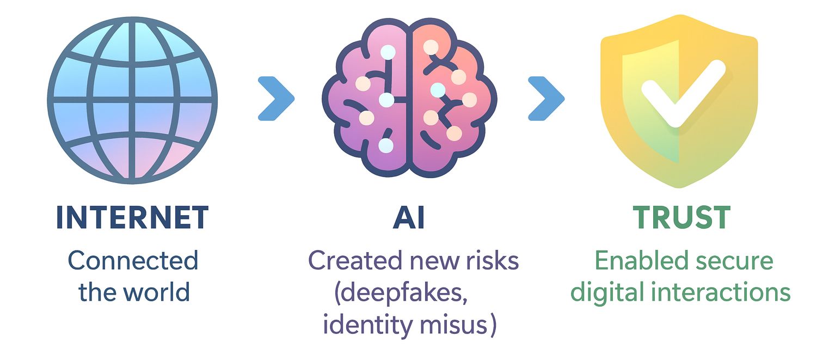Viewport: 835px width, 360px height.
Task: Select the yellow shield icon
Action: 679,106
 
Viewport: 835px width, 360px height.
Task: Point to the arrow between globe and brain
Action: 276,99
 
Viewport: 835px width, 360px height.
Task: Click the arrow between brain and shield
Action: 546,99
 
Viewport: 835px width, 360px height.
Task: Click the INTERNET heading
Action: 132,218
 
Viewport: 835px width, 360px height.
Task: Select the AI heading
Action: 409,218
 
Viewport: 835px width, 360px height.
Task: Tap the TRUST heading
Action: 681,218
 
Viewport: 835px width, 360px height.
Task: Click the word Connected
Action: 133,261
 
